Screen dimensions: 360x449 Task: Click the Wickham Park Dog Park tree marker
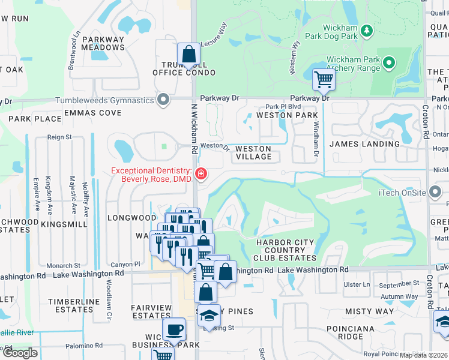pos(366,30)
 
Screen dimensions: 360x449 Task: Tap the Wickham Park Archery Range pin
pos(389,62)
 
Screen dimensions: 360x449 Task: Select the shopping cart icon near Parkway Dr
pos(324,79)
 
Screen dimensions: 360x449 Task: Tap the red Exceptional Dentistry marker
pos(200,175)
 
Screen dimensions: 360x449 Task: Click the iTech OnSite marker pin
pos(436,193)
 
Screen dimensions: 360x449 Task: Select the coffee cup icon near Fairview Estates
pos(174,330)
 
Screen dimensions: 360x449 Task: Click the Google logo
pos(20,353)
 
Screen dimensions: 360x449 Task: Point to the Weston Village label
pos(253,152)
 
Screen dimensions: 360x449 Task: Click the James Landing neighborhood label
pos(364,144)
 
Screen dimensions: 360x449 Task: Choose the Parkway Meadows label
pos(103,44)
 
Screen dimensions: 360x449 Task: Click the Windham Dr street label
pos(315,139)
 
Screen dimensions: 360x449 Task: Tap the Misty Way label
pos(369,311)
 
